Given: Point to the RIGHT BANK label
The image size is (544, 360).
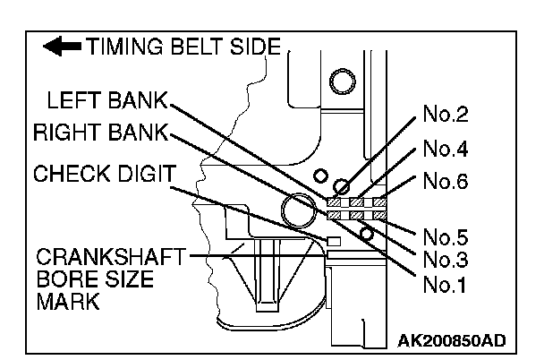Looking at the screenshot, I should coord(100,133).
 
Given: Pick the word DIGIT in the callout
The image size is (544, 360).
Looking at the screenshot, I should coord(140,172).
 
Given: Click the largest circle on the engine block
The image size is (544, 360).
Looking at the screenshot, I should coord(298,213).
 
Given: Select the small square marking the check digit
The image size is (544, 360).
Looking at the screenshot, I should coord(335,240).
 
